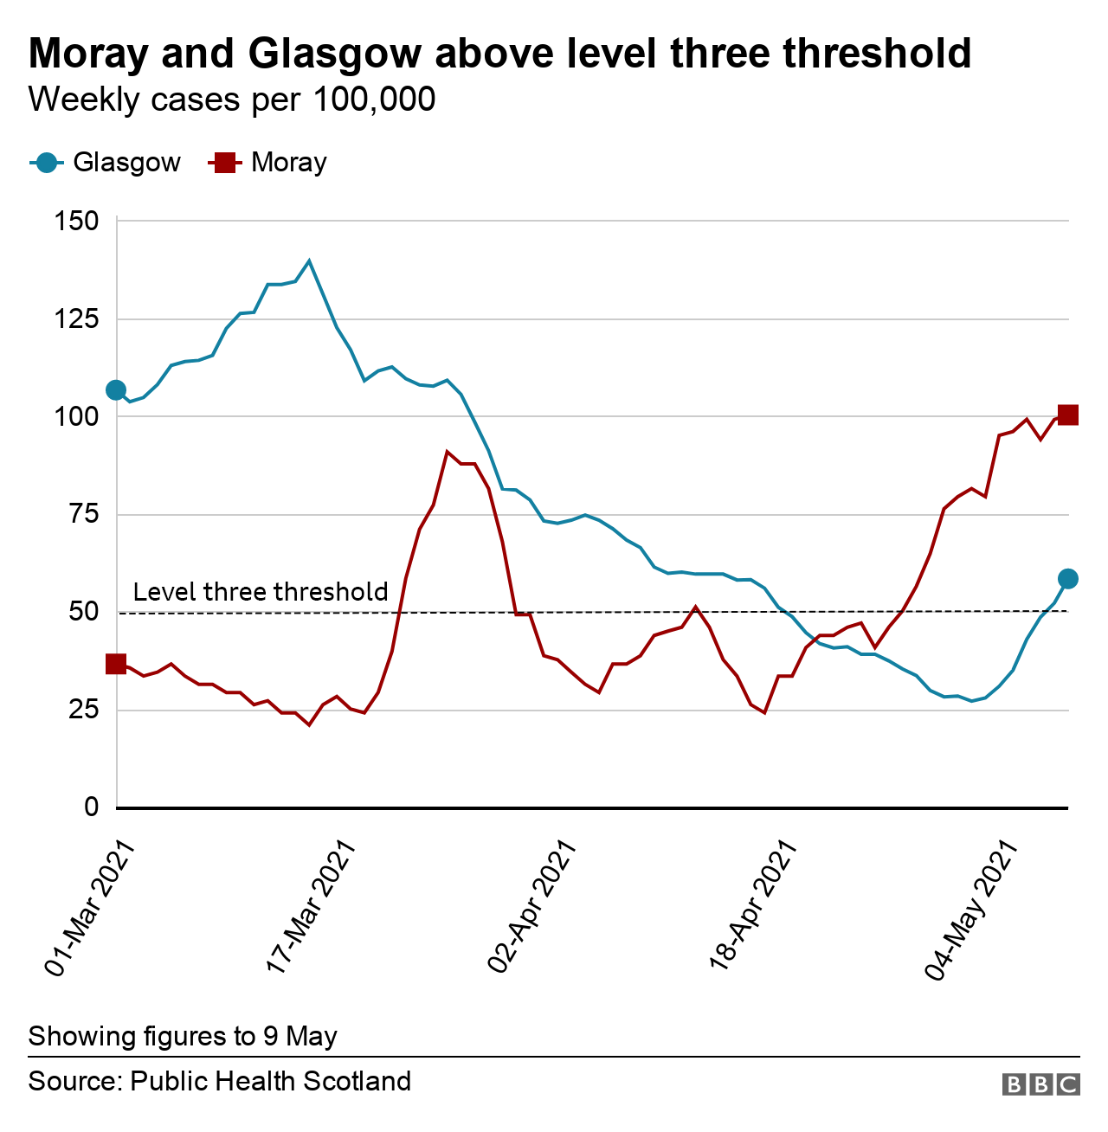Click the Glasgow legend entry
pyautogui.click(x=106, y=163)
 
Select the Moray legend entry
pyautogui.click(x=268, y=163)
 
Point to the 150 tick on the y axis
pyautogui.click(x=77, y=222)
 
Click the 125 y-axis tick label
pyautogui.click(x=77, y=319)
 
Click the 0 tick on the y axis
pyautogui.click(x=91, y=807)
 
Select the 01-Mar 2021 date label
pyautogui.click(x=91, y=909)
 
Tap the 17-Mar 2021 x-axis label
pyautogui.click(x=312, y=909)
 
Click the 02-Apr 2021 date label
pyautogui.click(x=532, y=909)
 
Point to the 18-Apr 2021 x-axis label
pyautogui.click(x=753, y=909)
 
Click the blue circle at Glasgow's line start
pyautogui.click(x=116, y=390)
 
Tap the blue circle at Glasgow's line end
pyautogui.click(x=1068, y=579)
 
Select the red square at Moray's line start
pyautogui.click(x=116, y=664)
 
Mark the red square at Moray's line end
pyautogui.click(x=1068, y=415)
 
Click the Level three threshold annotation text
pyautogui.click(x=261, y=592)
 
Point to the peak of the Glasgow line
pyautogui.click(x=309, y=260)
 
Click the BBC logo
pyautogui.click(x=1041, y=1084)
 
